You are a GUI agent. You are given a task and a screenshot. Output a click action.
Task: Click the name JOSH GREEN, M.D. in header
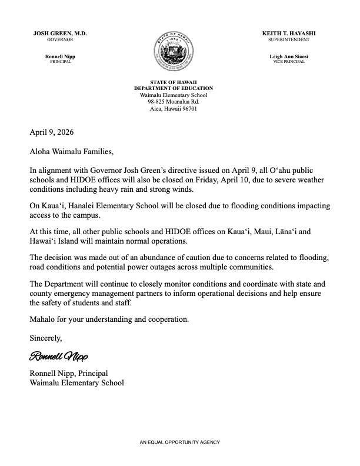click(x=60, y=34)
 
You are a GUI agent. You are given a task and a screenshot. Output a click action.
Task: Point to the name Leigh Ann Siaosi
click(x=289, y=56)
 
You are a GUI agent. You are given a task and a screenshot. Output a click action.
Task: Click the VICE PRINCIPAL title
click(x=289, y=61)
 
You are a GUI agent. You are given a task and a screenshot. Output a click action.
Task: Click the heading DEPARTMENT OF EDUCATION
click(x=178, y=88)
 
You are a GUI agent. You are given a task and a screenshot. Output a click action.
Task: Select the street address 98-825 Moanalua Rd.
click(x=178, y=102)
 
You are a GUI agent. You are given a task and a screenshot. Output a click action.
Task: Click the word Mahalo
click(x=43, y=319)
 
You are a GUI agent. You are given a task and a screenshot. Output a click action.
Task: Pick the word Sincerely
click(x=46, y=338)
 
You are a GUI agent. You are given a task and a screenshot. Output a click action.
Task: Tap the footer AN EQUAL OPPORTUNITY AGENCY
click(x=179, y=441)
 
